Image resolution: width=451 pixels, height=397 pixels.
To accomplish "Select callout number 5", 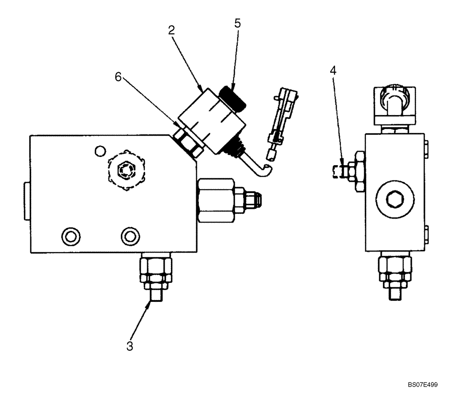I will point(238,24).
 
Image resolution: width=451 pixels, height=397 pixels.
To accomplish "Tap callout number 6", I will point(118,77).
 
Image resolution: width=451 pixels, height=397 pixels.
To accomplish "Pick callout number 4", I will point(332,70).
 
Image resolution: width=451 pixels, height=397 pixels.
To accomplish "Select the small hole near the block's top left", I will point(99,150).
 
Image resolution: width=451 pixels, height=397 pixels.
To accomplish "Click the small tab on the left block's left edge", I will point(27,201).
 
